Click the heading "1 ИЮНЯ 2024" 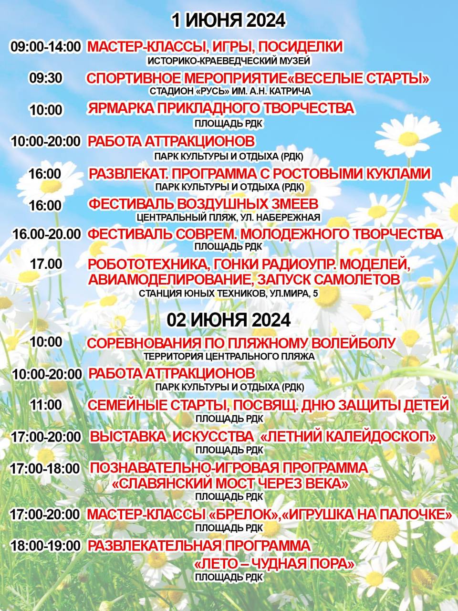pos(229,21)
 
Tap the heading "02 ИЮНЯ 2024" pos(229,320)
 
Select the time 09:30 pos(45,78)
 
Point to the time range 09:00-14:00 pos(46,47)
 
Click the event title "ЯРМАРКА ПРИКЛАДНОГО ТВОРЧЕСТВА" pos(221,108)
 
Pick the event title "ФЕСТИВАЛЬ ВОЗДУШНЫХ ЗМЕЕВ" pos(203,204)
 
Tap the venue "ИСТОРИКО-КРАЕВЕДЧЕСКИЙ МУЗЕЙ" pos(229,61)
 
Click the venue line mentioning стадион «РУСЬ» pos(230,91)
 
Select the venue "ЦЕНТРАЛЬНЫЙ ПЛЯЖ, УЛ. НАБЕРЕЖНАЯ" pos(228,218)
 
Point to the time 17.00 pos(46,263)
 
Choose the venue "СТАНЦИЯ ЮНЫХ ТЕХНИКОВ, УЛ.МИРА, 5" pos(229,294)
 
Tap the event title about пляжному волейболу pos(241,343)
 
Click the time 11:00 pos(46,405)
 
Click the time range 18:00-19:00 pos(45,546)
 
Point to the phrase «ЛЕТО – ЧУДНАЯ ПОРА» pos(274,564)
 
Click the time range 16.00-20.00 pos(46,234)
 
